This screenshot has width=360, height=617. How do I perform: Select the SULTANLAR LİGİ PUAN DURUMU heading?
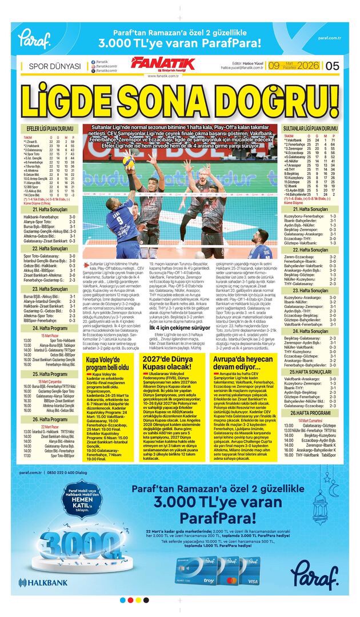pos(310,129)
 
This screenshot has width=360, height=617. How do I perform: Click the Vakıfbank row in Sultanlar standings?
pos(310,141)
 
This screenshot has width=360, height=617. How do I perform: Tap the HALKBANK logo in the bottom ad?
pos(43,582)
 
